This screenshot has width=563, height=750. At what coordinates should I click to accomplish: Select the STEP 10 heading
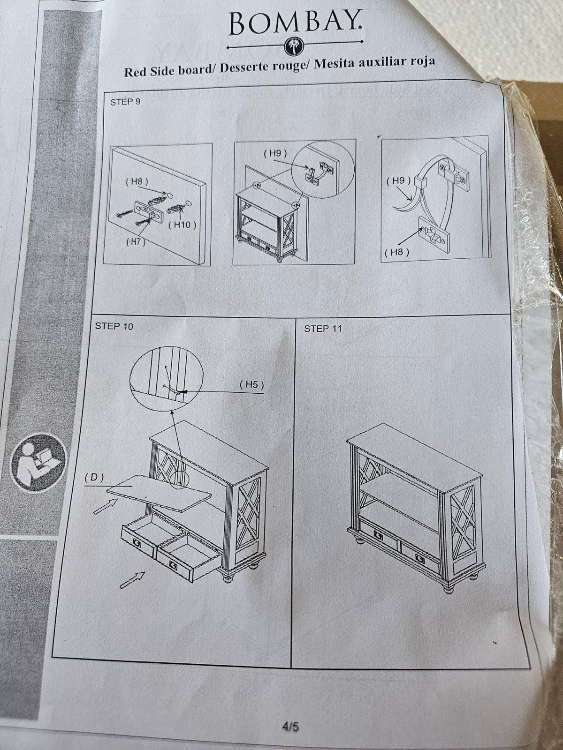114,326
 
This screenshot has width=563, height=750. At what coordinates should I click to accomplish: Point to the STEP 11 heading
323,329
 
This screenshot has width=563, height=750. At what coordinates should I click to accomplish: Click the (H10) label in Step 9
182,225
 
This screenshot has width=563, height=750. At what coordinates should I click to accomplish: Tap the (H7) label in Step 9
136,242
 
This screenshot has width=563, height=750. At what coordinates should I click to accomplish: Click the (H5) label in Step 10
251,385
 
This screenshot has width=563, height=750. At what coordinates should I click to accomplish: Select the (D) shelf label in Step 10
94,478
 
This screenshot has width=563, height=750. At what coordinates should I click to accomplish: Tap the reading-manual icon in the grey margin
38,461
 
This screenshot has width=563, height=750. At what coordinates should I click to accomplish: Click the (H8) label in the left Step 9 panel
137,181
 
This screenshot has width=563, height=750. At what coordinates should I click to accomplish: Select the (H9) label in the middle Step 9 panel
275,154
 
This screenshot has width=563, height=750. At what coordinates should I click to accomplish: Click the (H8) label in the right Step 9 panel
397,253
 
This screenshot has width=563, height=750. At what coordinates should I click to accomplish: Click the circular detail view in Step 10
167,378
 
